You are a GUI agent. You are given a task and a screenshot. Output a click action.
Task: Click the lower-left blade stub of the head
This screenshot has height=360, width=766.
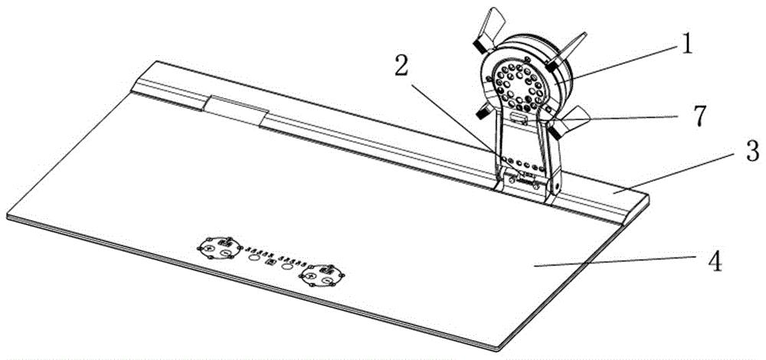pos(483,113)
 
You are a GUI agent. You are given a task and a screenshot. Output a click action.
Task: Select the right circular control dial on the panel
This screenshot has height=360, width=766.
pos(321,275)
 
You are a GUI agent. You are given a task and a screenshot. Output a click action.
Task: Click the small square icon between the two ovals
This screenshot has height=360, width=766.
pos(270,262)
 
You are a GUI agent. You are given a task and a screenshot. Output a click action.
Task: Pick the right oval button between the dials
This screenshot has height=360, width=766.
pos(288,267)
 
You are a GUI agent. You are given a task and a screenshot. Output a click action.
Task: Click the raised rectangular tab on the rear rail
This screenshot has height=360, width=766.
pos(234,110)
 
